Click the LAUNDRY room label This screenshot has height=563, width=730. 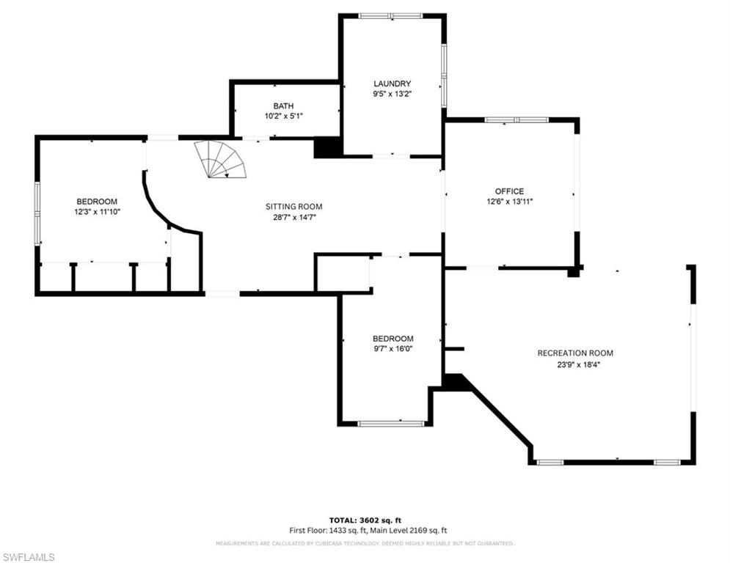pos(392,84)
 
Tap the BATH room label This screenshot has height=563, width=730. pos(283,106)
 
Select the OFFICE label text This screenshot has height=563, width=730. pos(509,191)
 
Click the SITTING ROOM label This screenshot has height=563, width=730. pos(293,207)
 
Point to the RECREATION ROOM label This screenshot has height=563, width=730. pos(575,353)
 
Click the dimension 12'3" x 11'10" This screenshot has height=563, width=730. pos(97,212)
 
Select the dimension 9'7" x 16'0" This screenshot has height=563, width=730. pos(393,349)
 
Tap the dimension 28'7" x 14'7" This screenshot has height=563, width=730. pos(293,217)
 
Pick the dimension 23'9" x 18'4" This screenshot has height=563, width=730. pos(575,364)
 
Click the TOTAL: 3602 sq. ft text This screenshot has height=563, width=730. pos(365,520)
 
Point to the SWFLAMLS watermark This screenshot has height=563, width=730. pos(29,557)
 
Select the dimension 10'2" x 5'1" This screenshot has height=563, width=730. pos(283,117)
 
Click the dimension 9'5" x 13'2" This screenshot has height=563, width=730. pos(392,94)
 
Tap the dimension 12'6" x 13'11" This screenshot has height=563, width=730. pos(509,202)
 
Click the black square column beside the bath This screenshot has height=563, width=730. pos(327,147)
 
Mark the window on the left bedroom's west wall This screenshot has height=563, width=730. pos(37,211)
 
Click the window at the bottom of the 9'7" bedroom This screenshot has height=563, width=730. pos(391,423)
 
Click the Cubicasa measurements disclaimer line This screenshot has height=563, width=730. pos(365,544)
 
